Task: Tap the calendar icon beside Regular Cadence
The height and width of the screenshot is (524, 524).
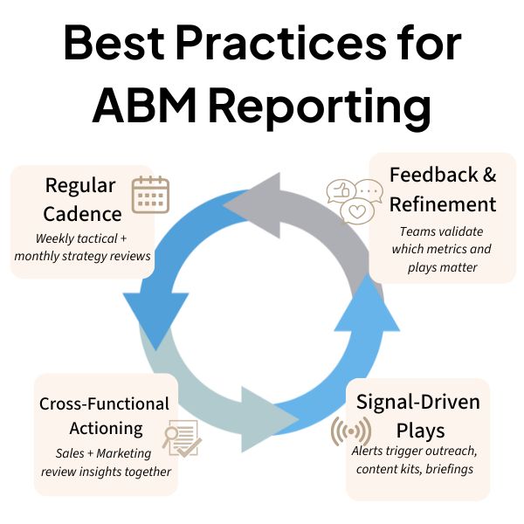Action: click(150, 195)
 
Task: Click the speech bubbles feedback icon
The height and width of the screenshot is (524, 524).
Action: click(354, 200)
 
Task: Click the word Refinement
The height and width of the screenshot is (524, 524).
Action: click(442, 203)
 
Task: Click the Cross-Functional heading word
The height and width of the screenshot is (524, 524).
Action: click(104, 403)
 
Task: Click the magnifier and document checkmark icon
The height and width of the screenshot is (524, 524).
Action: click(181, 438)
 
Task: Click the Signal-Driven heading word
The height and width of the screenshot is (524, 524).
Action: click(417, 403)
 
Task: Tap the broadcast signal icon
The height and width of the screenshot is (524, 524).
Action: click(348, 431)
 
